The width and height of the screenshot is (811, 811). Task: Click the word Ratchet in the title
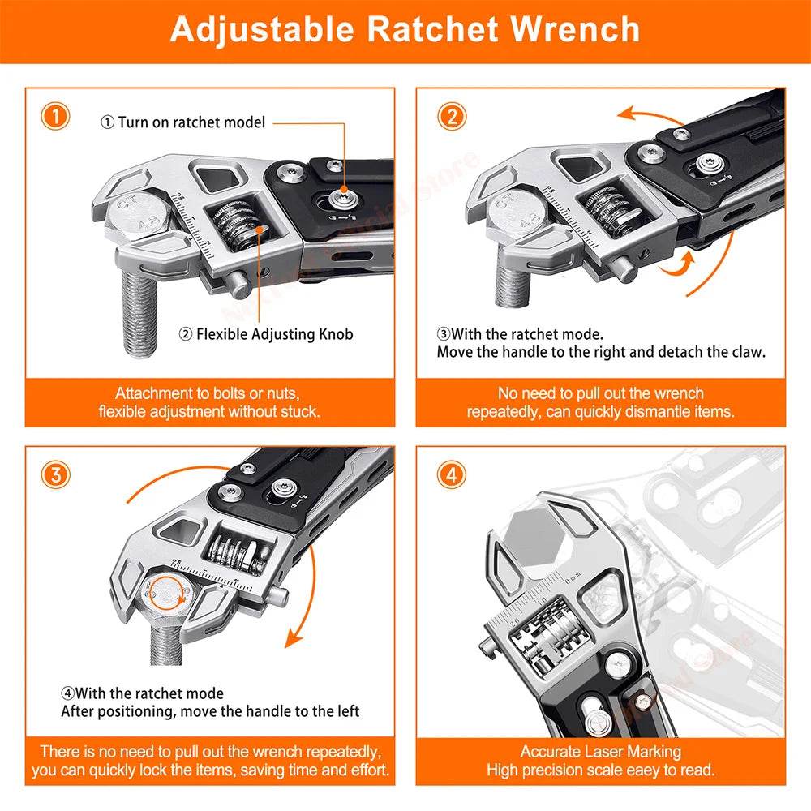click(433, 29)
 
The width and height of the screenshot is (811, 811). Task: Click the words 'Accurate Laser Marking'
click(600, 751)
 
